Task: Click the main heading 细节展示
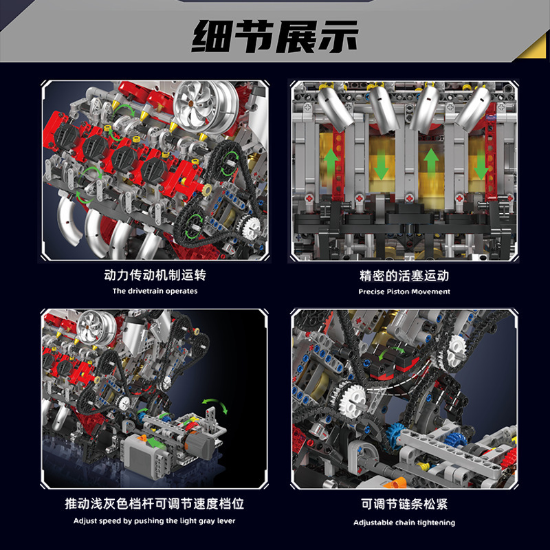(275, 36)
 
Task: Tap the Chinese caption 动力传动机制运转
(155, 276)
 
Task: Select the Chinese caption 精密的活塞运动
(404, 276)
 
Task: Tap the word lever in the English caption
(225, 520)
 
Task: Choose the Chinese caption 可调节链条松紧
(404, 504)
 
